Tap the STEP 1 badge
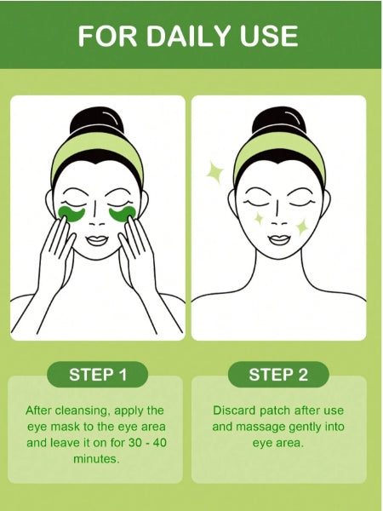98,375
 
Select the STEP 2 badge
278,375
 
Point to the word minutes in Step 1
96,459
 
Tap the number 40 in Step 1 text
159,443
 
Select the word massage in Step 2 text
258,427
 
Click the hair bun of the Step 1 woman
96,123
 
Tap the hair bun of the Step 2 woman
279,123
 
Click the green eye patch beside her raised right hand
71,214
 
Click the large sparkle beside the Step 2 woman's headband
214,172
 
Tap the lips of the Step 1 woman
97,240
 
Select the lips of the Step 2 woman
279,240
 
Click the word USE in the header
269,35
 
